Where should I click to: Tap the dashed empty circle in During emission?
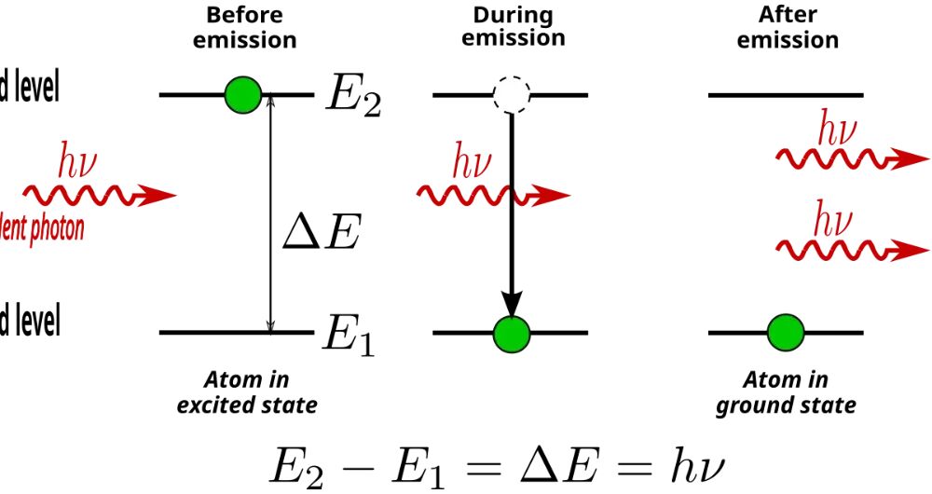(511, 94)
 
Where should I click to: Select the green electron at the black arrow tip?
(511, 332)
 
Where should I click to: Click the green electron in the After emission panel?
(785, 332)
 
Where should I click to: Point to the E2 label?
(351, 97)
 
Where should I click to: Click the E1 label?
(348, 336)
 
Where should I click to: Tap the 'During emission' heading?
(513, 27)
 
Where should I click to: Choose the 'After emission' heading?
(788, 28)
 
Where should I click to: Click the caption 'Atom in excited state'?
(247, 392)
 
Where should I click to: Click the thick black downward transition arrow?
(511, 214)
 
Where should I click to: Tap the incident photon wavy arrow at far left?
(98, 195)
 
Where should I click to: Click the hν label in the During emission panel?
(472, 163)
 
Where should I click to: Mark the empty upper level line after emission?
(786, 94)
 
